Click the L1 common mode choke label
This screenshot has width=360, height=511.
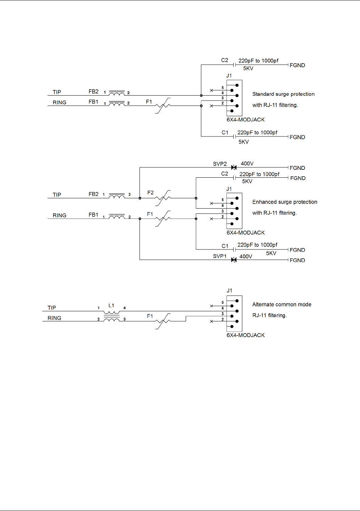(111, 306)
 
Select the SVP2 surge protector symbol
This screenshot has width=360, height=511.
(234, 167)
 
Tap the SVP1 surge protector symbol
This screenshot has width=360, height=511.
(234, 260)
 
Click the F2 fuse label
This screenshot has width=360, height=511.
(151, 193)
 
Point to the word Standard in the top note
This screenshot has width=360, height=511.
(263, 94)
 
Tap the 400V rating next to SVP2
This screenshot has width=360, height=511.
(247, 163)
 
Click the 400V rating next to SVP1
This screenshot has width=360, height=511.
(246, 257)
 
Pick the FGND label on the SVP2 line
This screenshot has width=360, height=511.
(297, 168)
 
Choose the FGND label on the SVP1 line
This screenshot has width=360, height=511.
(297, 260)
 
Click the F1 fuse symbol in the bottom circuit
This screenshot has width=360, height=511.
(163, 321)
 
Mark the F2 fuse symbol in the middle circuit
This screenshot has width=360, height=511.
(163, 198)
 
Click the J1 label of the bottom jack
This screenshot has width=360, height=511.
(229, 291)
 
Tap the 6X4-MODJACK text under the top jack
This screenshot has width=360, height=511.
(246, 119)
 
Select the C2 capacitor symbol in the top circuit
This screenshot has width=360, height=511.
(234, 65)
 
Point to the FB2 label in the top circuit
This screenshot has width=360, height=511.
(93, 91)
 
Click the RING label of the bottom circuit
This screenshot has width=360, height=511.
(54, 318)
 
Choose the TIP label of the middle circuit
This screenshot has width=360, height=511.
(57, 195)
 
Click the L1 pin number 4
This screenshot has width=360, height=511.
(124, 308)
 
